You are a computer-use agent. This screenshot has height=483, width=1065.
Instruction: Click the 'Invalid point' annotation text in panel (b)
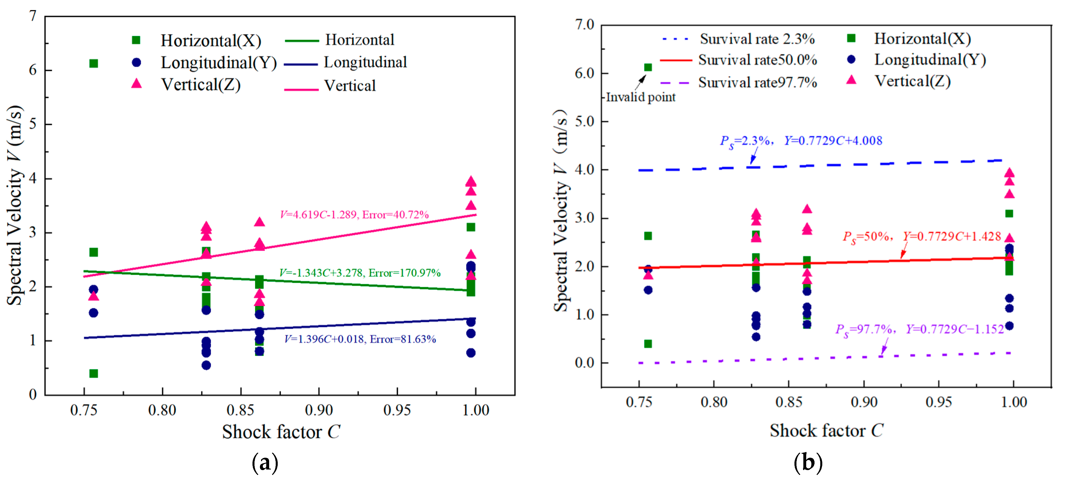(x=640, y=97)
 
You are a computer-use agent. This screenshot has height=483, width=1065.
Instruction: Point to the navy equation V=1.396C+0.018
(x=360, y=339)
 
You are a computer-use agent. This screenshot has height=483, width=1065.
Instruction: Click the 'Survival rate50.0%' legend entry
(x=757, y=60)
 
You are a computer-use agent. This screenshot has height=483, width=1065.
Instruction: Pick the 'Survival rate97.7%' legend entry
(x=757, y=83)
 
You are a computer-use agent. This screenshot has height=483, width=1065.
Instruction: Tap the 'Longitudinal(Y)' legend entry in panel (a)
(x=218, y=63)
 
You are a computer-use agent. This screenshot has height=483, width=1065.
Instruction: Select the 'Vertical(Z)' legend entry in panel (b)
(x=912, y=81)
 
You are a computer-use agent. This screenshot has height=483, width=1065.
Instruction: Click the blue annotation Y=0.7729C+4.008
(x=833, y=141)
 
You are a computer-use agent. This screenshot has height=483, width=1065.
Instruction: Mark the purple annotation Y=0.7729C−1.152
(x=955, y=329)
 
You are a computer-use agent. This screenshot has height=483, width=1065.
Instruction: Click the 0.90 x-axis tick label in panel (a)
(x=319, y=410)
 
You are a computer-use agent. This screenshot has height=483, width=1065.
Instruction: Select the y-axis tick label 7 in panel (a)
(x=33, y=16)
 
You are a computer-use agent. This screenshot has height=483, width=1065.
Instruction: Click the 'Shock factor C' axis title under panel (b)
(x=826, y=431)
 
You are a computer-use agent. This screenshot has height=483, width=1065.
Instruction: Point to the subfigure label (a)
(x=265, y=463)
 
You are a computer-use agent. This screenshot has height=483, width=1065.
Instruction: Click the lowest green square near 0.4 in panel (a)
(x=94, y=373)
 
